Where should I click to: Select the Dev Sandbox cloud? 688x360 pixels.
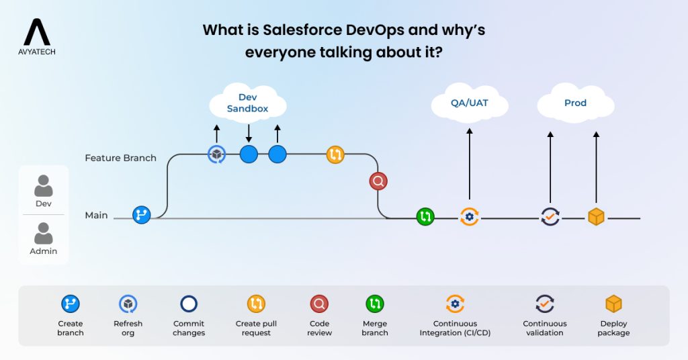coord(247,103)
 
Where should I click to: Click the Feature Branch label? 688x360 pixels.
coord(120,158)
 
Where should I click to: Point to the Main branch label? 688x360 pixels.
coord(96,216)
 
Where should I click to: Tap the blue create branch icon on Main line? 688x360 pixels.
coord(142,215)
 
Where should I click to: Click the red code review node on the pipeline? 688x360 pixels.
coord(378,181)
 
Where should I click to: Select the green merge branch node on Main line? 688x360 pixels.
coord(425,216)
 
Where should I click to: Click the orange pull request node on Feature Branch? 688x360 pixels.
coord(335,154)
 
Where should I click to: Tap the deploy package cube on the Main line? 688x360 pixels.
coord(596,217)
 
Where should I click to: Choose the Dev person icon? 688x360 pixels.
coord(44,186)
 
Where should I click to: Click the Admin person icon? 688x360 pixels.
coord(44,234)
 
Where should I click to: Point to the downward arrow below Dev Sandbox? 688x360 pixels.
coord(249,132)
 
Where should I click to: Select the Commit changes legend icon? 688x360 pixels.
coord(188,304)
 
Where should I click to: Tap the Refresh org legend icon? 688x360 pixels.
coord(128,304)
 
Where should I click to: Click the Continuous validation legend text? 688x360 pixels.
coord(544,328)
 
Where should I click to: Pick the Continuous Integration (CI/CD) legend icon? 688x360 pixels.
coord(455,304)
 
